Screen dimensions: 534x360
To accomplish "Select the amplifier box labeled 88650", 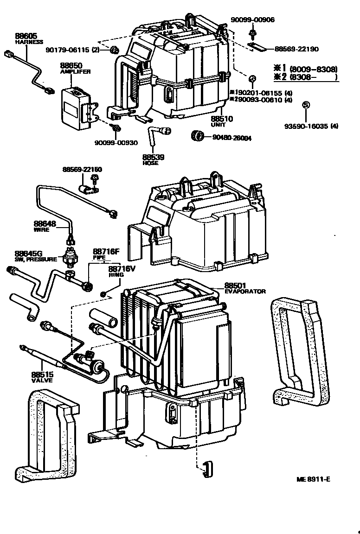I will click(x=78, y=105).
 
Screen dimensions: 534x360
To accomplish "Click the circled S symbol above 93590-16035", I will click(x=305, y=105).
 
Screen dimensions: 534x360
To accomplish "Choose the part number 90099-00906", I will click(x=252, y=19).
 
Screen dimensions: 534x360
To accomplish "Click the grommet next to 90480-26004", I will click(x=198, y=136).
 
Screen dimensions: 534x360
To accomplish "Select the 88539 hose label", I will click(x=153, y=158).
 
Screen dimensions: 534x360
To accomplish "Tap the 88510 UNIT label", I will click(x=222, y=119).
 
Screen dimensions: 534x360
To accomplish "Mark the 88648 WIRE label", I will click(x=45, y=224).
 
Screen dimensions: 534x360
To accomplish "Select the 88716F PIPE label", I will click(x=106, y=252).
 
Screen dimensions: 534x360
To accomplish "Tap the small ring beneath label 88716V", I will click(x=103, y=293).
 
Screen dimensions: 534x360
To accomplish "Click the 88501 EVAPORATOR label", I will click(x=236, y=286).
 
